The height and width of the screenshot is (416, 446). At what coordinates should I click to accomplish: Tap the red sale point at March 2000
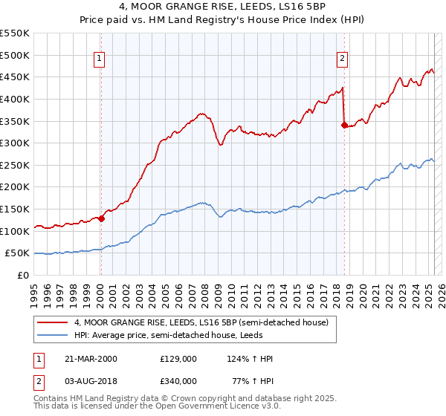coord(101,218)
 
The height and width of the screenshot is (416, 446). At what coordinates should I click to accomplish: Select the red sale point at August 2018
coord(344,125)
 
